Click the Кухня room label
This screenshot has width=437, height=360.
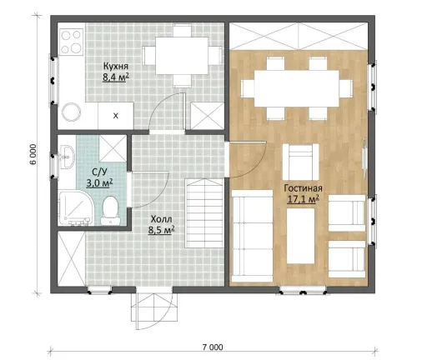[x=116, y=67]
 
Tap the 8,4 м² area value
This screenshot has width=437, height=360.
[x=116, y=77]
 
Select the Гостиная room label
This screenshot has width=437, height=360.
[x=303, y=188]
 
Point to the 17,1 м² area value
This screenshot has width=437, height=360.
[x=303, y=199]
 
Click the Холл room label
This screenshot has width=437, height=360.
[x=161, y=219]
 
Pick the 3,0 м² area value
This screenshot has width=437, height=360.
[x=99, y=183]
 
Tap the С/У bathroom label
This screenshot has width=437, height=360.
[x=99, y=172]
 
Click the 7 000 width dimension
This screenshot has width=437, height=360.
[x=213, y=347]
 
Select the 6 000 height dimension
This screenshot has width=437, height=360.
[x=33, y=154]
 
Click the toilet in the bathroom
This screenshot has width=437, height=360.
[x=110, y=211]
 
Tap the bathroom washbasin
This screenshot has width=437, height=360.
[x=66, y=157]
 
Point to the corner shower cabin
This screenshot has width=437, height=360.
[x=76, y=207]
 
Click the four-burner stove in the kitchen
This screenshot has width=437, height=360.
[x=71, y=42]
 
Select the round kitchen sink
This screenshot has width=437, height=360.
[x=72, y=112]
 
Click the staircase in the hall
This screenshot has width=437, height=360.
[x=204, y=213]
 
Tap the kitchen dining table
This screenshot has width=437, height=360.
[x=182, y=56]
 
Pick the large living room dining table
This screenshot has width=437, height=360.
[x=297, y=88]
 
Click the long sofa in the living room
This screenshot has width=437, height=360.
[x=252, y=236]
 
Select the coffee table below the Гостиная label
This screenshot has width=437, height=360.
[x=301, y=236]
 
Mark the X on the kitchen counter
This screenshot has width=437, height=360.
[x=116, y=116]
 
